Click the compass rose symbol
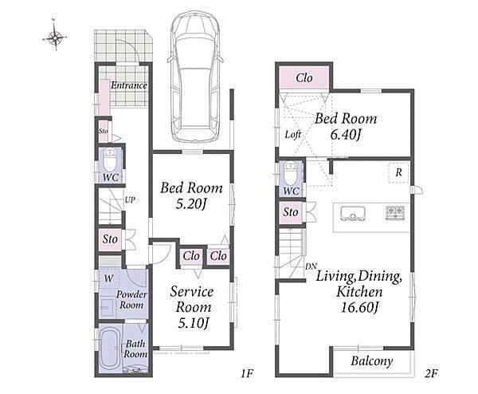55,37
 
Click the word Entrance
129,85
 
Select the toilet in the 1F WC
109,160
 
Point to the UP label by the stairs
130,200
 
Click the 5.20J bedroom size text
191,205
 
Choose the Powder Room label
131,299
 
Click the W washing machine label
108,278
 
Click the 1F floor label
247,373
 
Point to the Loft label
293,134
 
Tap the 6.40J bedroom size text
346,134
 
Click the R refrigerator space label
399,173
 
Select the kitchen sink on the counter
353,213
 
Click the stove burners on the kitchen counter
395,212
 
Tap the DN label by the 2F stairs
311,266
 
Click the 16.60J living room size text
359,307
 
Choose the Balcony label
371,361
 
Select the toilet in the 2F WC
290,173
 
